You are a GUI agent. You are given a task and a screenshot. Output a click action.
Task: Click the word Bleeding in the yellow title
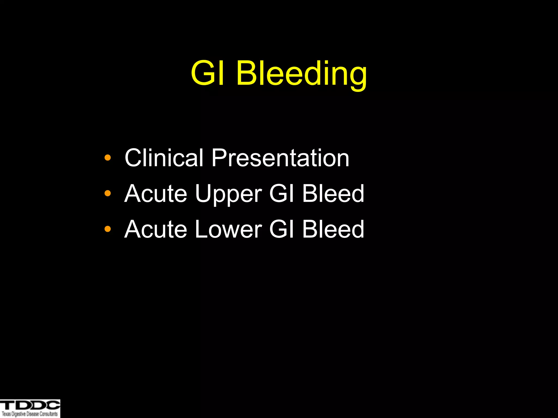click(x=302, y=73)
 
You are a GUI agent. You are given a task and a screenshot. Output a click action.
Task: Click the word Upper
click(x=228, y=194)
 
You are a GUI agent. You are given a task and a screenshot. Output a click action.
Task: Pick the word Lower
click(x=228, y=229)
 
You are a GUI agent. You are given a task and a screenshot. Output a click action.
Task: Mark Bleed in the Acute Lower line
click(x=333, y=229)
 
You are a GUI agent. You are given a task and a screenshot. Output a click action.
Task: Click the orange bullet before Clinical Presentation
click(x=108, y=158)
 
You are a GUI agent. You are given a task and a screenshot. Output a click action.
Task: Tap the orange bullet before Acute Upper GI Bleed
click(x=108, y=193)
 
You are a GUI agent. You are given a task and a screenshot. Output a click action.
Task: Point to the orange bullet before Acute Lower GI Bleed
click(x=108, y=229)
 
